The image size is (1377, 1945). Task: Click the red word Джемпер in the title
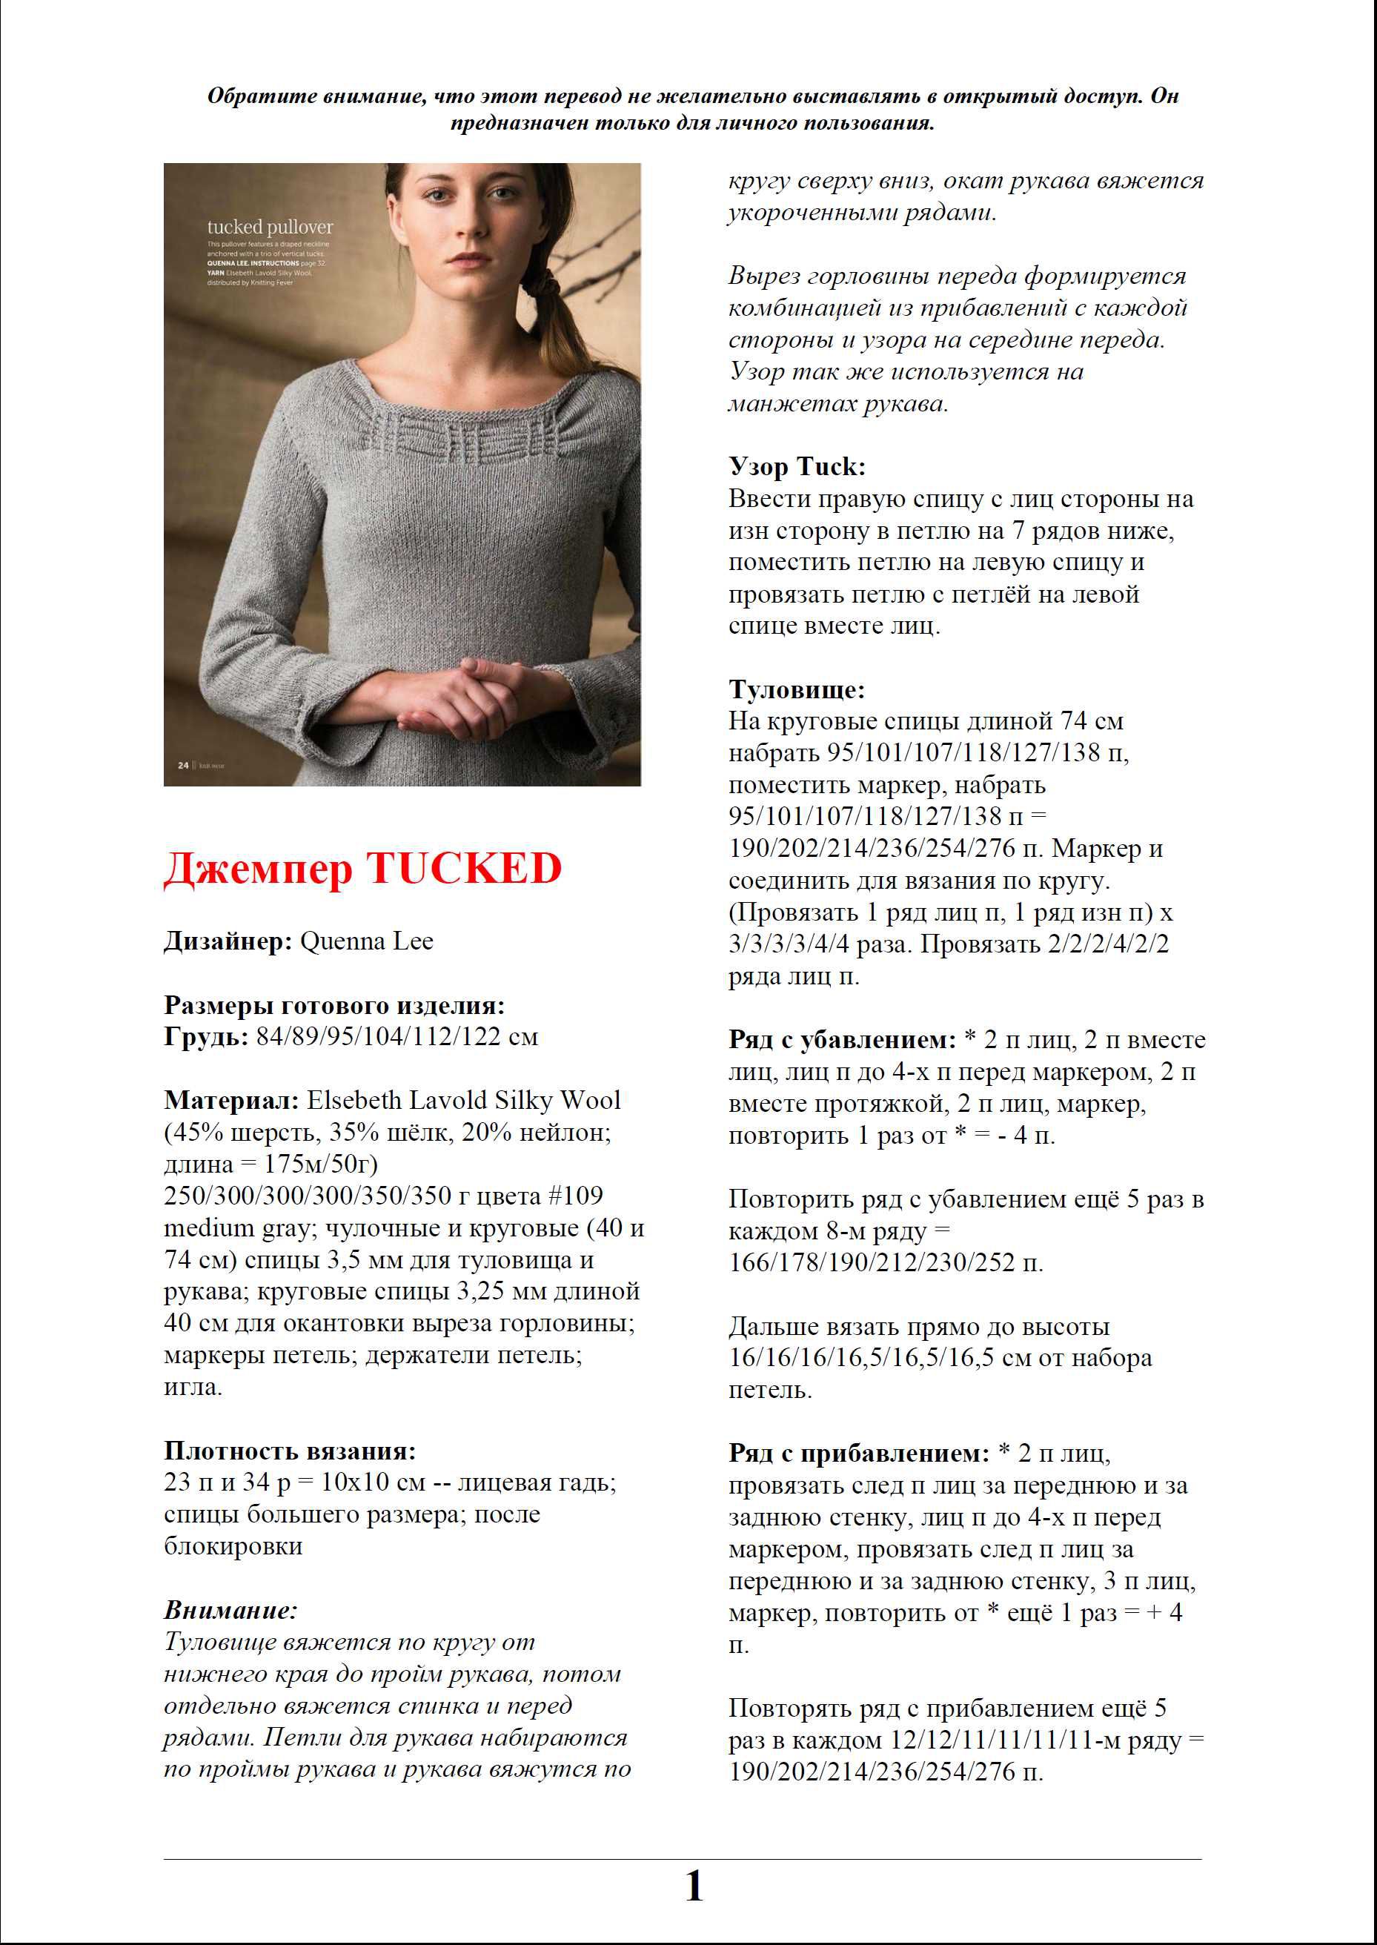tap(258, 868)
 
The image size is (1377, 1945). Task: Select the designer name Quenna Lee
tap(366, 941)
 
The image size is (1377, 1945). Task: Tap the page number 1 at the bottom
tap(694, 1887)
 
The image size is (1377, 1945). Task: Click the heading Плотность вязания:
tap(290, 1451)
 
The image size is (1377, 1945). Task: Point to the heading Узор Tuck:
tap(797, 466)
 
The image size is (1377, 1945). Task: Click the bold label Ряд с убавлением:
tap(842, 1039)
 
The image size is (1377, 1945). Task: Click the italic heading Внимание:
tap(230, 1610)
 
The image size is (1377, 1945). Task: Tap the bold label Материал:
tap(231, 1101)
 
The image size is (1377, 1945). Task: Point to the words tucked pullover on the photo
tap(271, 228)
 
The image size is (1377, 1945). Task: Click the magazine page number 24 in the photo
tap(183, 765)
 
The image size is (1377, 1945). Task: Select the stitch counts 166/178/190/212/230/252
tap(872, 1262)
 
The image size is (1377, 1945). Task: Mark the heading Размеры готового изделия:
tap(334, 1006)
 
